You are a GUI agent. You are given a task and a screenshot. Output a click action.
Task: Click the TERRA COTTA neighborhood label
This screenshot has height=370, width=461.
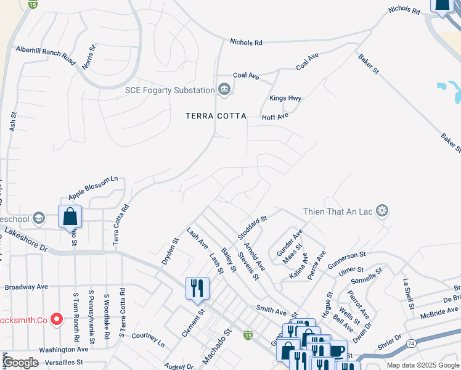click(216, 116)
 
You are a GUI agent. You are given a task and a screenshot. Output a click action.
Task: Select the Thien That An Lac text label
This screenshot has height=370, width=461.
click(339, 212)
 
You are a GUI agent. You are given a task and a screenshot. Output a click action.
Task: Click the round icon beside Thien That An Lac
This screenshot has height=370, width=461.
click(383, 212)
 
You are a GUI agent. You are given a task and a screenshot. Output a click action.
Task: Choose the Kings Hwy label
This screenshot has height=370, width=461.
click(285, 99)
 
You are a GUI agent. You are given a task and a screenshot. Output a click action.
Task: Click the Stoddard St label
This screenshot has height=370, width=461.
click(252, 228)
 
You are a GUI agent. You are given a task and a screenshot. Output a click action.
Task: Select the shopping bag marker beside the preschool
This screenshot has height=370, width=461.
click(70, 216)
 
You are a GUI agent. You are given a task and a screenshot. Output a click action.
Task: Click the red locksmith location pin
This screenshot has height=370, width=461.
click(57, 319)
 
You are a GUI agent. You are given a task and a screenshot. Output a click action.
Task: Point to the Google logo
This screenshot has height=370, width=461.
click(21, 362)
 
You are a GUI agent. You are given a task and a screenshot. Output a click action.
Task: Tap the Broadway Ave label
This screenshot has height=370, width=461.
click(26, 287)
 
